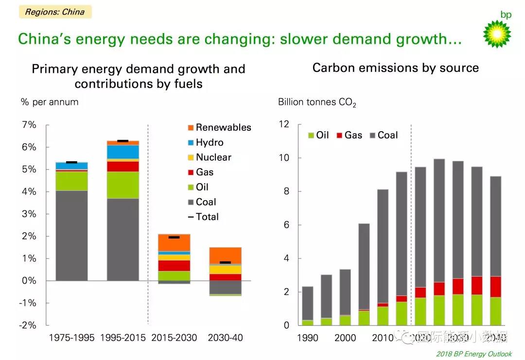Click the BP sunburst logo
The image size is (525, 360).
coord(497,34)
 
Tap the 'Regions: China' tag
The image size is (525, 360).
coord(55,12)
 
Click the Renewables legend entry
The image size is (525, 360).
coord(219,128)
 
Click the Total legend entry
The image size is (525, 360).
coord(203,217)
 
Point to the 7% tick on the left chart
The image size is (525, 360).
coord(29,125)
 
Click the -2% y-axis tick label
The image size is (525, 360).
coord(27,326)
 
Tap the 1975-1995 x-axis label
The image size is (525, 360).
coord(71,338)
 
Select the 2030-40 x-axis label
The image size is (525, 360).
coord(225,338)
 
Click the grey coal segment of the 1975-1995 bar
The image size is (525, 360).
coord(71,236)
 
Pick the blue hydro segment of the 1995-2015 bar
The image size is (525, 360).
coord(123,152)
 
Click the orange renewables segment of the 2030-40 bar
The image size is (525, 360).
coord(225,256)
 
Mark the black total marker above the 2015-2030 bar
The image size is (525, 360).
coord(174,237)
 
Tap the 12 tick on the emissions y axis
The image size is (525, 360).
coord(283,125)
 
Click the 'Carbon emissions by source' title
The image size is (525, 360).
coord(395,68)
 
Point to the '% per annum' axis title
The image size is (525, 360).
coord(49,103)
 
